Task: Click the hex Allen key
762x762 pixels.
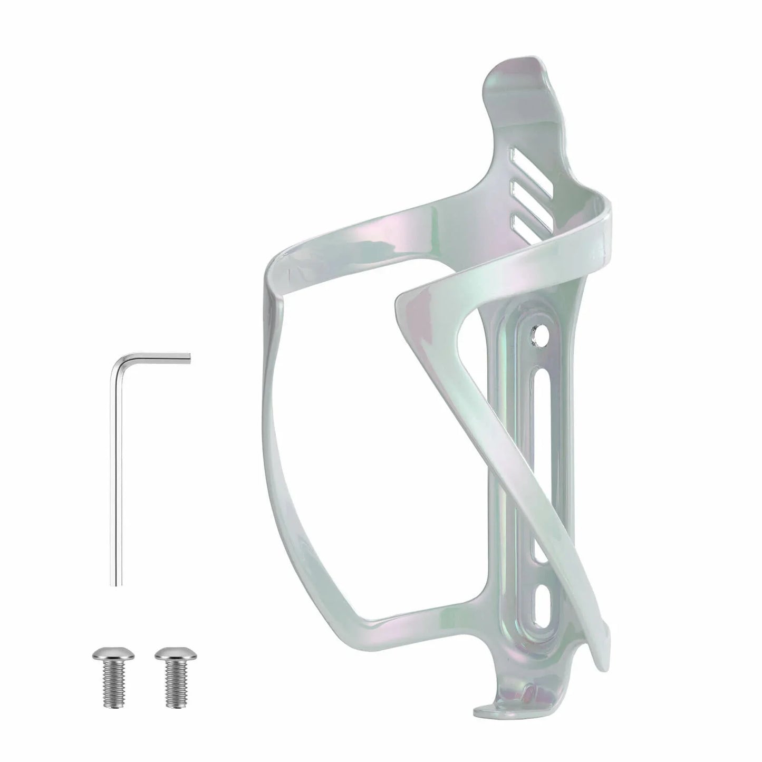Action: click(x=117, y=475)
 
